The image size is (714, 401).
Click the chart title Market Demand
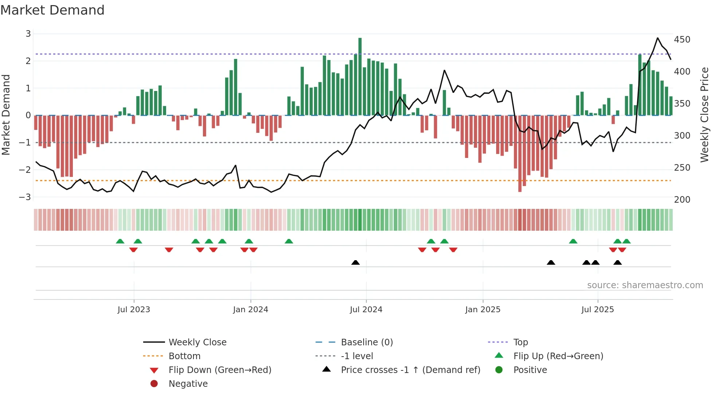(x=52, y=10)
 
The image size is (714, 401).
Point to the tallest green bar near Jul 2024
(x=360, y=76)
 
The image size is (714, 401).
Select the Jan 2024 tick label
(x=251, y=310)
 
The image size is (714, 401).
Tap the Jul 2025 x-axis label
(x=597, y=310)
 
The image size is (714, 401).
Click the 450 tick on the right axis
(x=682, y=40)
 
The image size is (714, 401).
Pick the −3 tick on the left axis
(x=25, y=197)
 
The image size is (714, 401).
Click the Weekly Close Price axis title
(x=705, y=115)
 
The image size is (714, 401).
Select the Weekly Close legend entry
(x=197, y=342)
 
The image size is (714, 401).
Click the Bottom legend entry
(x=184, y=356)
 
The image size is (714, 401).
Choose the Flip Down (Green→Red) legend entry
(x=220, y=370)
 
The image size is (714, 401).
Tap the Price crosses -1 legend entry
(x=410, y=370)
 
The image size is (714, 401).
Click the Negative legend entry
(x=188, y=384)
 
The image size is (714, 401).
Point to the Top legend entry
(x=520, y=342)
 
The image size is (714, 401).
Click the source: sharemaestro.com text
(x=645, y=285)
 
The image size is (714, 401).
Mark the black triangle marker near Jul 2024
(x=356, y=263)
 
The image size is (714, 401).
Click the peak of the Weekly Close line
(x=658, y=38)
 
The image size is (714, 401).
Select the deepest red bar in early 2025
(x=520, y=154)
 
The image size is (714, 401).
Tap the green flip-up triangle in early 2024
(x=289, y=241)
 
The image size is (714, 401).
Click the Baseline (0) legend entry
(x=366, y=342)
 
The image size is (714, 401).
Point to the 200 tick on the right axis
(x=682, y=200)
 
